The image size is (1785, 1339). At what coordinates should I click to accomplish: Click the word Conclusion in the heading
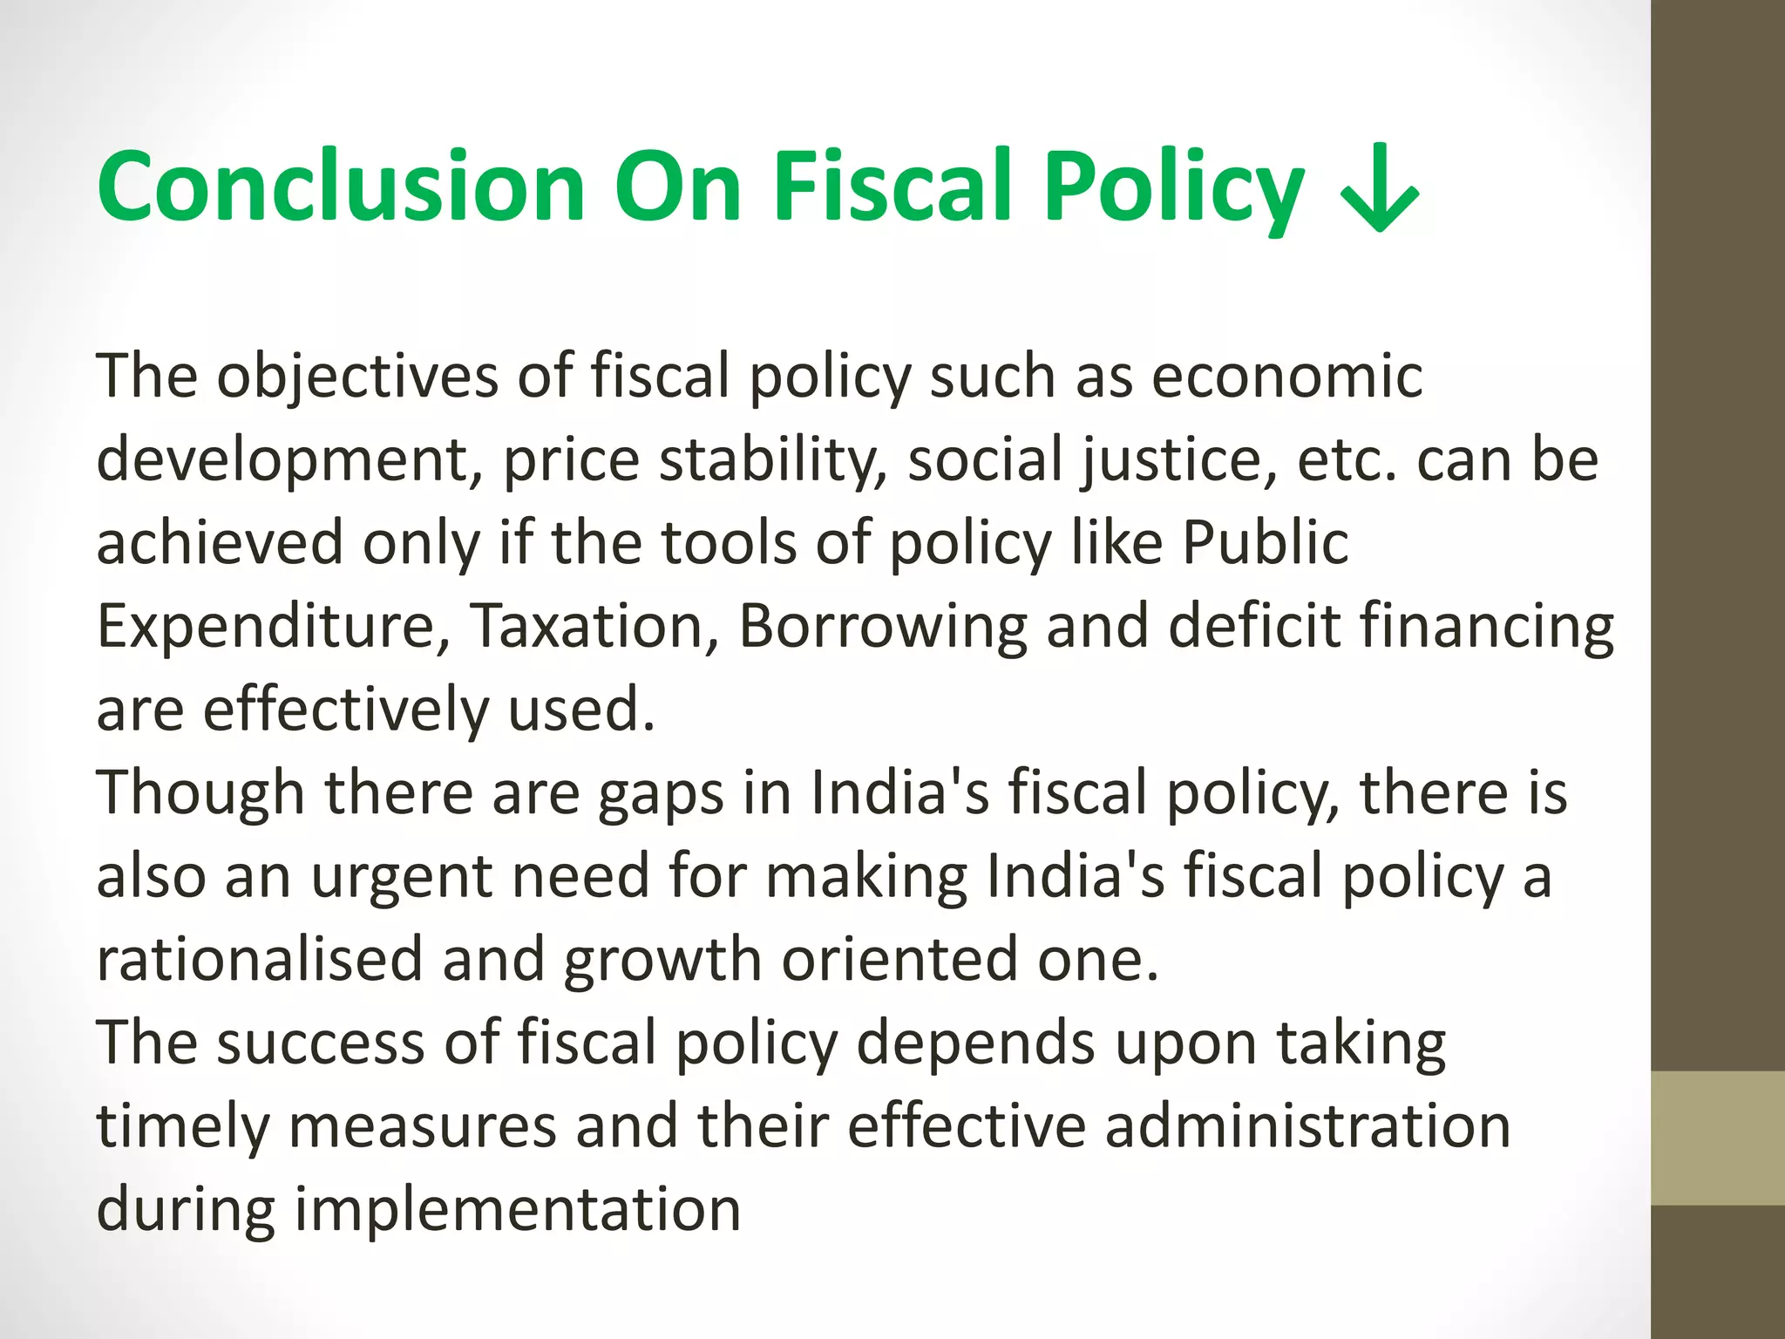click(340, 187)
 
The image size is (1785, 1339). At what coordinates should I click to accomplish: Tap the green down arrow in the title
click(1380, 192)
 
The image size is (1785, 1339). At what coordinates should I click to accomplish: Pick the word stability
click(772, 459)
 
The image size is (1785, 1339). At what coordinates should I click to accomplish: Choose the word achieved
click(220, 542)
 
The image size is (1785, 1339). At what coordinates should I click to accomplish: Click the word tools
click(728, 542)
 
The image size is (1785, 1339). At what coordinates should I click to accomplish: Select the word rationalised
click(259, 959)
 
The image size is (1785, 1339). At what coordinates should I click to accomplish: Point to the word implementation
click(518, 1208)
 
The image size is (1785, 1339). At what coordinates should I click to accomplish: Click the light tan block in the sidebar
click(1718, 1138)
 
